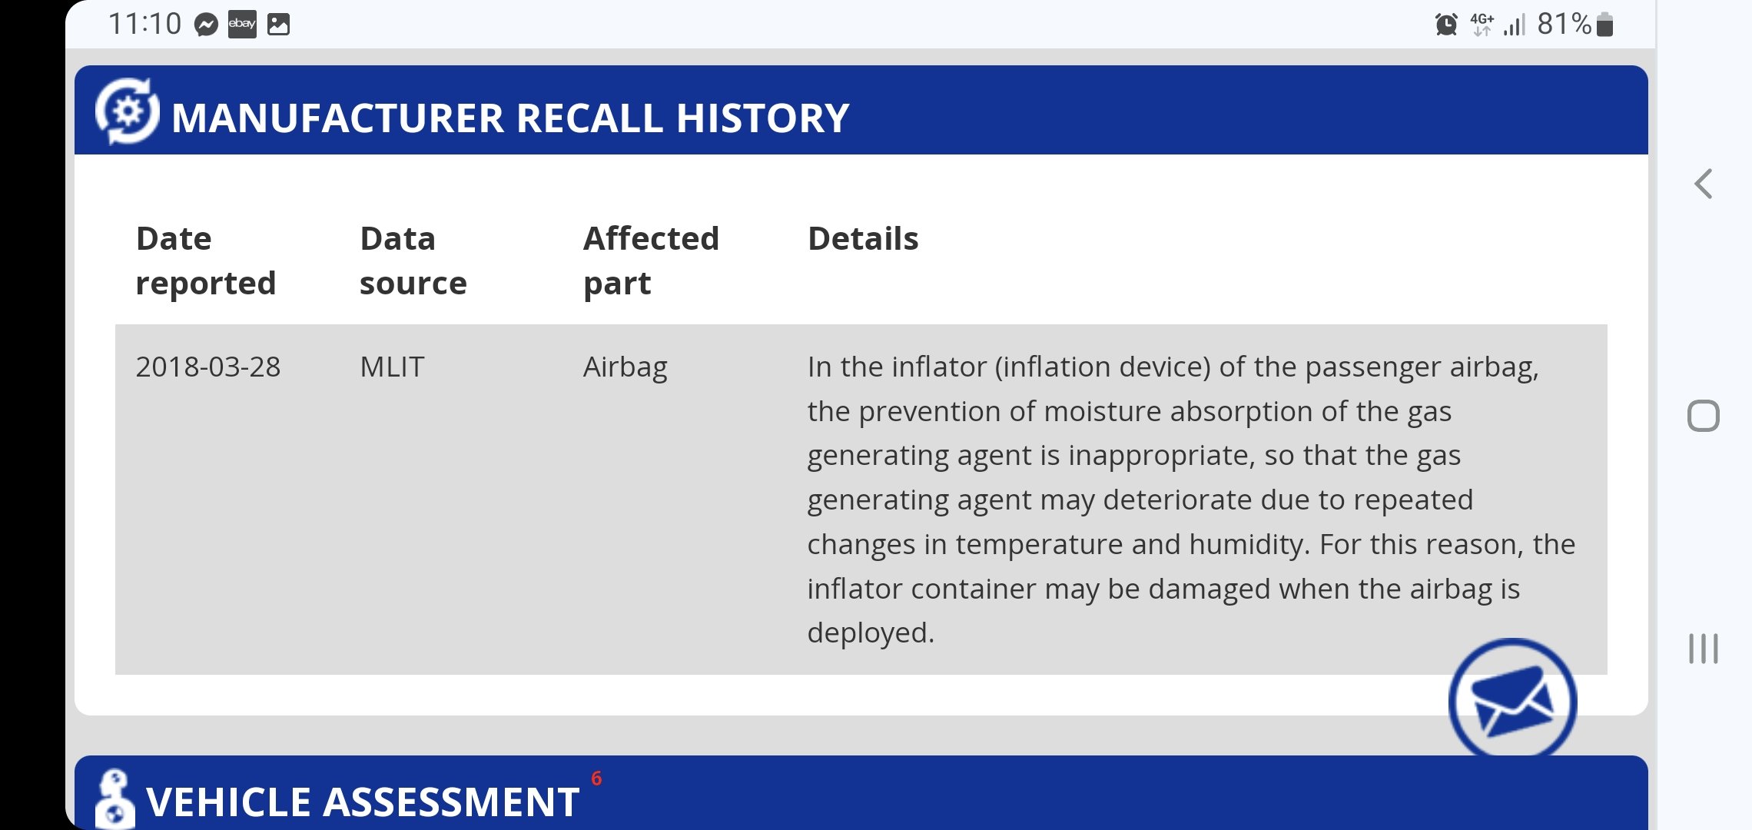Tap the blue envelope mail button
click(1512, 700)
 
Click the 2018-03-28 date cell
click(208, 367)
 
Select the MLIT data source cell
click(392, 367)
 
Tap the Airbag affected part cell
click(625, 367)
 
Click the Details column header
click(863, 238)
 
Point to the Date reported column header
click(205, 261)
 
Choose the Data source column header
click(413, 261)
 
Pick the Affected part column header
click(651, 261)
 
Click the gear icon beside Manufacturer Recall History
click(128, 111)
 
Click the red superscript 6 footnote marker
click(596, 779)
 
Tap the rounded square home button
click(1704, 416)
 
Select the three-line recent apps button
click(1704, 649)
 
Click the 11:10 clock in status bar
click(144, 24)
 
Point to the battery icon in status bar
click(1604, 25)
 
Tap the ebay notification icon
click(242, 25)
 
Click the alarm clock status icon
click(1446, 25)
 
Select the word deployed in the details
click(871, 632)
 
